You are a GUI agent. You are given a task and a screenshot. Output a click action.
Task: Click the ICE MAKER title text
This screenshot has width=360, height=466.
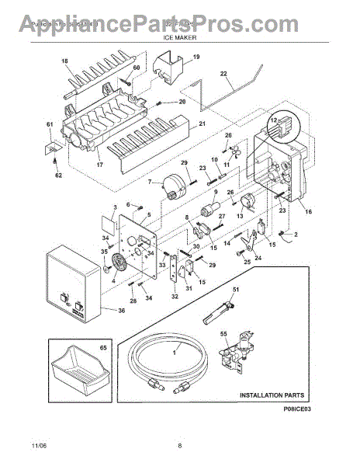(179, 37)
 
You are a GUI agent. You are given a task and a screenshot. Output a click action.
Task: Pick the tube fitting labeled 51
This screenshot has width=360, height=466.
(218, 314)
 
